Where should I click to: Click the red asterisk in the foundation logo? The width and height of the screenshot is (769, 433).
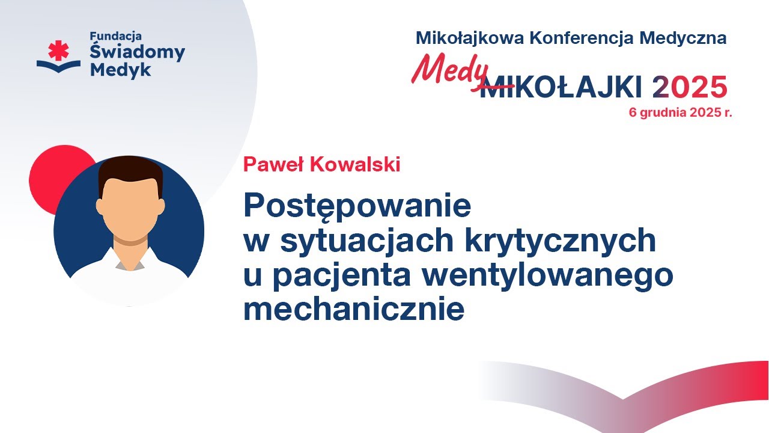pos(58,51)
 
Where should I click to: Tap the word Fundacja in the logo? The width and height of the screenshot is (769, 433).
pos(116,37)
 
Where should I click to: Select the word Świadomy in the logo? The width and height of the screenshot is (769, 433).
pos(138,52)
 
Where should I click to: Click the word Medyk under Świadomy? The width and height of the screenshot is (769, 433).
pos(120,70)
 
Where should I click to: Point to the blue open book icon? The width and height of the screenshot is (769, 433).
pos(58,66)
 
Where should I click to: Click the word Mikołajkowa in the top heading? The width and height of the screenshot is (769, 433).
pos(470,38)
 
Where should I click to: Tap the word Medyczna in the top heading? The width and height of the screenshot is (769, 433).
pos(682,38)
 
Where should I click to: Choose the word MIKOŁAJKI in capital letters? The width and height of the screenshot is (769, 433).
pos(561,87)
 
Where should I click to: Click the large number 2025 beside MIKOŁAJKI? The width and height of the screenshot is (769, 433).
pos(689,87)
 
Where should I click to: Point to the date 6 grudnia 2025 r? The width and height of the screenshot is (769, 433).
pos(680,112)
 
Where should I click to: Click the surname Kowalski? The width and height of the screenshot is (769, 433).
pos(355,164)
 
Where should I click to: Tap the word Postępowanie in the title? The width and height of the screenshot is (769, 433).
pos(357,206)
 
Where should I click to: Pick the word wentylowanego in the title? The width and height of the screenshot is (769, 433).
pos(547,276)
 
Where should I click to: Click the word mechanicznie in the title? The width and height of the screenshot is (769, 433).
pos(354,308)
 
